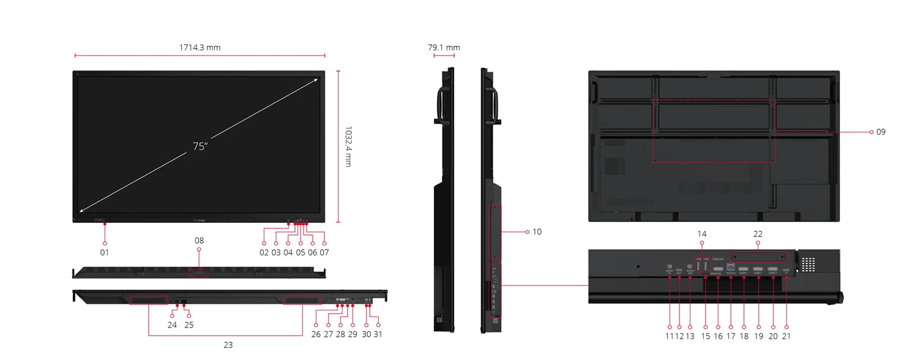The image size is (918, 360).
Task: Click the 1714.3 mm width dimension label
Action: (x=200, y=47)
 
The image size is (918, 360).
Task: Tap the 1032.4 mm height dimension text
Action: (x=348, y=147)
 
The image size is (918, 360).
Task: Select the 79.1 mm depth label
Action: (x=444, y=47)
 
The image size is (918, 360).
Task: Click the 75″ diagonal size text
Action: (x=200, y=147)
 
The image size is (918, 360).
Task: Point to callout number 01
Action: (x=105, y=252)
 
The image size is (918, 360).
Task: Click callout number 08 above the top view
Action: (x=199, y=241)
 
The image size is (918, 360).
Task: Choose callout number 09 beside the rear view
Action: (x=881, y=132)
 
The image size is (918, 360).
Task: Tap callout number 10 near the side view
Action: (x=537, y=231)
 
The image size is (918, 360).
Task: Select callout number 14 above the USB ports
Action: (x=701, y=234)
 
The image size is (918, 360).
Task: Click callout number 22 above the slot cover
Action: (x=758, y=234)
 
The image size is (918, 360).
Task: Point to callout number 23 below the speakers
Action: (x=228, y=345)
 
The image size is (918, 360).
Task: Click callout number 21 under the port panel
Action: (x=786, y=336)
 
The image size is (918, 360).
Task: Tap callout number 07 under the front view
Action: (x=324, y=252)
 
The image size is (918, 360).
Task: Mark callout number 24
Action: (x=172, y=325)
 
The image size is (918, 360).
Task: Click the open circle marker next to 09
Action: (x=871, y=132)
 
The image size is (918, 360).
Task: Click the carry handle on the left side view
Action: (x=440, y=104)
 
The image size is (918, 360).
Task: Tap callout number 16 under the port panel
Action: (x=718, y=336)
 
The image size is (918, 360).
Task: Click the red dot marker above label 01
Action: (x=105, y=225)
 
